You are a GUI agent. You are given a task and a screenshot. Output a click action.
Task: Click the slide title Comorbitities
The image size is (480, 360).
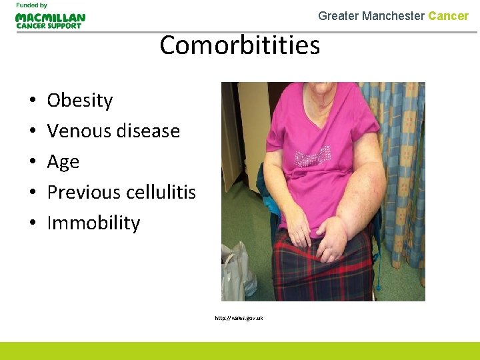click(240, 45)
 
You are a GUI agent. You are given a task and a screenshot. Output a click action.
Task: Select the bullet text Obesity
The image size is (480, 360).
click(80, 100)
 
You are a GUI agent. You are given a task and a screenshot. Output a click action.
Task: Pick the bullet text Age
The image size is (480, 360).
click(63, 162)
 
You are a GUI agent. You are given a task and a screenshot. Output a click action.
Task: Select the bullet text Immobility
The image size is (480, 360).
click(93, 223)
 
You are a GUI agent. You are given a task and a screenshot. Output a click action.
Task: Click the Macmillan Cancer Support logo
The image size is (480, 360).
click(50, 21)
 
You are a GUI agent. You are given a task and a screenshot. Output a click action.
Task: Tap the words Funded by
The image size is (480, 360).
click(31, 5)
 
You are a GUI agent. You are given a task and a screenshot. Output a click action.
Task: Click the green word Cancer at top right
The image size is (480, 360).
click(448, 16)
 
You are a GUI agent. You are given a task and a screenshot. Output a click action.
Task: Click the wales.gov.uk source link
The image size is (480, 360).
click(239, 318)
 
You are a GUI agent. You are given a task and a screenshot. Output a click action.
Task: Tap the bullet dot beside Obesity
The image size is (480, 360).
click(32, 101)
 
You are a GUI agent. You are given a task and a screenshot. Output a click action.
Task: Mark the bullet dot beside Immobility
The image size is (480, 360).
click(32, 223)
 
